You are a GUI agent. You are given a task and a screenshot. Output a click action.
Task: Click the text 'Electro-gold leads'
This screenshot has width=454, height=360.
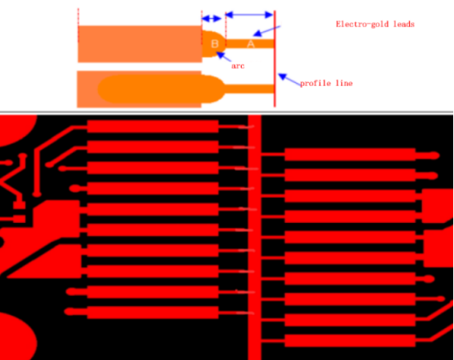coord(375,24)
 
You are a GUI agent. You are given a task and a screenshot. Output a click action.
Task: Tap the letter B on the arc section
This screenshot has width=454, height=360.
coord(215,43)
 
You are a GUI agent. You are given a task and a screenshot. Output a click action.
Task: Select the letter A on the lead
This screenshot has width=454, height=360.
coord(251,44)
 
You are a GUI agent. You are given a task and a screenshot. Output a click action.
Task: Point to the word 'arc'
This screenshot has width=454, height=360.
coord(238,66)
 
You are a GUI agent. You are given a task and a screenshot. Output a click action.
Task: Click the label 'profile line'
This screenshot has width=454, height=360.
coord(326,84)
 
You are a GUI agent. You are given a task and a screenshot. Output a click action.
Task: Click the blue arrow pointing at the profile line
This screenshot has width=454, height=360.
coord(289,80)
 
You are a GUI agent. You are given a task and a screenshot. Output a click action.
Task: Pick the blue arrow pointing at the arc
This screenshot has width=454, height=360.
coord(224,57)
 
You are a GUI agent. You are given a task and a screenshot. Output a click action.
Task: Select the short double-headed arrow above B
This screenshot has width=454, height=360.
coord(211,19)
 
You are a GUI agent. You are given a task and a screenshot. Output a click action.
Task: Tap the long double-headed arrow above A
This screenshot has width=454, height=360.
coord(249,15)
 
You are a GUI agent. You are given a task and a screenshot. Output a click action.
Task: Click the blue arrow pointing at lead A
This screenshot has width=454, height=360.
coord(267,31)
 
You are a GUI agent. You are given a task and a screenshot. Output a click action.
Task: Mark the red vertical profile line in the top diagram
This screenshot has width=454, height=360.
coord(275,59)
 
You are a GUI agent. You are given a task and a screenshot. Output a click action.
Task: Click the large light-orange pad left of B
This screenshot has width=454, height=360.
coord(140,44)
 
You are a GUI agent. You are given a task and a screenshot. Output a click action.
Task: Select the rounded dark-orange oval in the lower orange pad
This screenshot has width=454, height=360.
coord(161,89)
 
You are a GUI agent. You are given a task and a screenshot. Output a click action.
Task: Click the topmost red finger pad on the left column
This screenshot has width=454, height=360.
coord(152,126)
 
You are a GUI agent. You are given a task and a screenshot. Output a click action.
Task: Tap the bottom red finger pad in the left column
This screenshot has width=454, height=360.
coord(152,312)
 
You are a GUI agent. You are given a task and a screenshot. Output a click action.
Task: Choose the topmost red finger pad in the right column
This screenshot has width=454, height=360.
coord(350,154)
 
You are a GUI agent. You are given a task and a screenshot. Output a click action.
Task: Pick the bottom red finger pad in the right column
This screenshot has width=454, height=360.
coord(350,340)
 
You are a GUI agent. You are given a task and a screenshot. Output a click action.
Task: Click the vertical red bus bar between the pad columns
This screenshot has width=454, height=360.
coord(255,238)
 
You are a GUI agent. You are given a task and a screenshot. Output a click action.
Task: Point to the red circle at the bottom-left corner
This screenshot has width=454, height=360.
coord(17,337)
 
